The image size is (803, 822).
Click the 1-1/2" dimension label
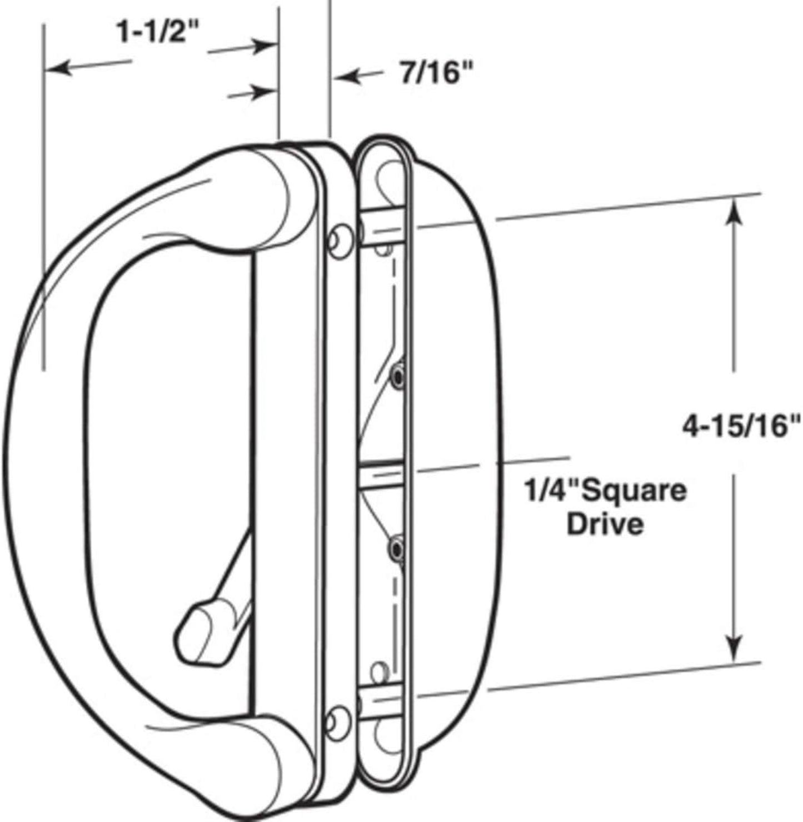158,32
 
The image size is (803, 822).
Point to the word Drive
605,524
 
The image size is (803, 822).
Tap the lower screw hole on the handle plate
336,720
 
